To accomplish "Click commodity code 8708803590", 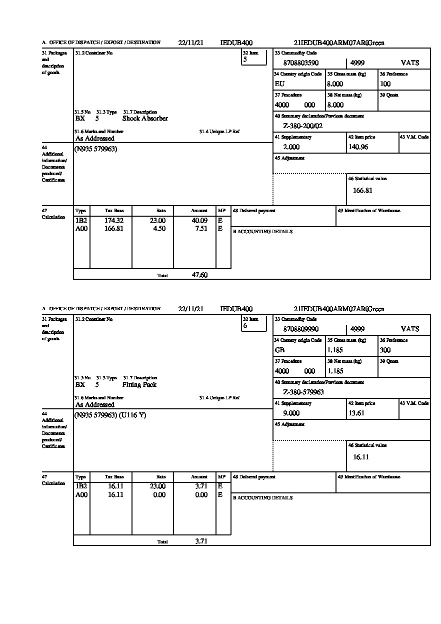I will coord(300,63).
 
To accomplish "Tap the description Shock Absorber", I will coord(145,119).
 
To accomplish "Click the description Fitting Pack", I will coord(139,385).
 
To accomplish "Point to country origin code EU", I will coord(279,84).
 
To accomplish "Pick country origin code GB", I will coord(279,350).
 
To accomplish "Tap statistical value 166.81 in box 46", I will coord(362,191).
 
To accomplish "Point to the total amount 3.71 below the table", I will coord(201,541).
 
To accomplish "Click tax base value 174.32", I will coord(114,220).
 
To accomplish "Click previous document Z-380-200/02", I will coord(303,126).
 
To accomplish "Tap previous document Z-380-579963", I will coord(303,392).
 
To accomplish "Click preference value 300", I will coord(385,350).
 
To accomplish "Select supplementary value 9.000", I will coord(291,413).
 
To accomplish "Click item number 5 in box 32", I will coord(245,60).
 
